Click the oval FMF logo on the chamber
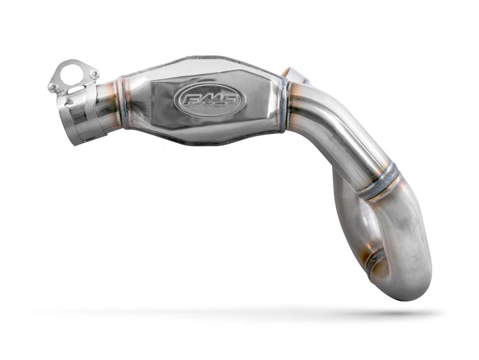(x=210, y=100)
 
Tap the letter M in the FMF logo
(x=210, y=100)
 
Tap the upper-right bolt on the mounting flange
(x=94, y=74)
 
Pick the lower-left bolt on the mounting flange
(x=53, y=87)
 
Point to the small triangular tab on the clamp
(x=69, y=102)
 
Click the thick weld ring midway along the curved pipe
(x=382, y=182)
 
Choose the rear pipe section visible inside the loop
(x=344, y=210)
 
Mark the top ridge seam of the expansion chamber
(x=210, y=60)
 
